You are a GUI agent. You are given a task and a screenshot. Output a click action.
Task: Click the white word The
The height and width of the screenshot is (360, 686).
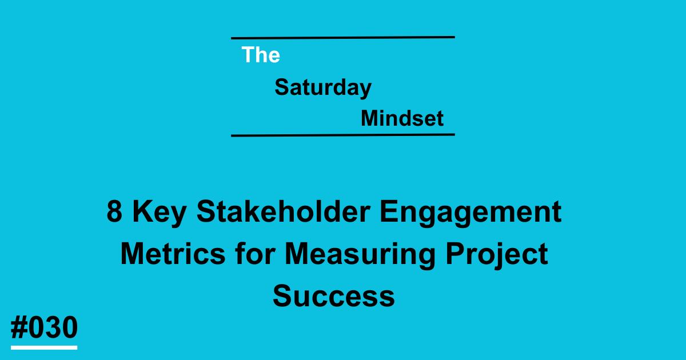click(261, 55)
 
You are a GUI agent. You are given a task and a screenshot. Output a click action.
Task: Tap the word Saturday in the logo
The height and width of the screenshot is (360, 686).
click(323, 87)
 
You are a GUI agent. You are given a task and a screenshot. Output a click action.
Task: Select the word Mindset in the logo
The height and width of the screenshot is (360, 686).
click(402, 119)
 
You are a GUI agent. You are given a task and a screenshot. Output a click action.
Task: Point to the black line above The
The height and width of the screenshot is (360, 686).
click(343, 38)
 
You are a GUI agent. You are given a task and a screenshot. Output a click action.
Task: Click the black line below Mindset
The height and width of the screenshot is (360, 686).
click(343, 135)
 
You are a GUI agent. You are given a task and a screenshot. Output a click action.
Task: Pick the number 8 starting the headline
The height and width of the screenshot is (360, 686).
click(115, 213)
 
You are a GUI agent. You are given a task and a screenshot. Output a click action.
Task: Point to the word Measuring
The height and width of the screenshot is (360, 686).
click(359, 255)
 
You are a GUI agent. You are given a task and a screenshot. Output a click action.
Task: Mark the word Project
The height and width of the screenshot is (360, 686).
click(496, 255)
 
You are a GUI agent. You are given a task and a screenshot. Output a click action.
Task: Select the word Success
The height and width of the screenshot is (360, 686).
click(334, 297)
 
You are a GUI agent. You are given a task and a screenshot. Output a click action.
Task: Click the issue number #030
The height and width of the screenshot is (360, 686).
click(44, 329)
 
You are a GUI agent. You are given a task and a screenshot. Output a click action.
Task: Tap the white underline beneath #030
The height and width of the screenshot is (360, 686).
click(44, 347)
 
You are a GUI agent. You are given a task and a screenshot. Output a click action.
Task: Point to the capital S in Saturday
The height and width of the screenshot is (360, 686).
click(281, 87)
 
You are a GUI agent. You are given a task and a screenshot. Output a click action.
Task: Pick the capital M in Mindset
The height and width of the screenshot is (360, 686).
click(369, 119)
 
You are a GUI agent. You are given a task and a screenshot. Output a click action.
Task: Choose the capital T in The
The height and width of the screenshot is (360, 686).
click(248, 55)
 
